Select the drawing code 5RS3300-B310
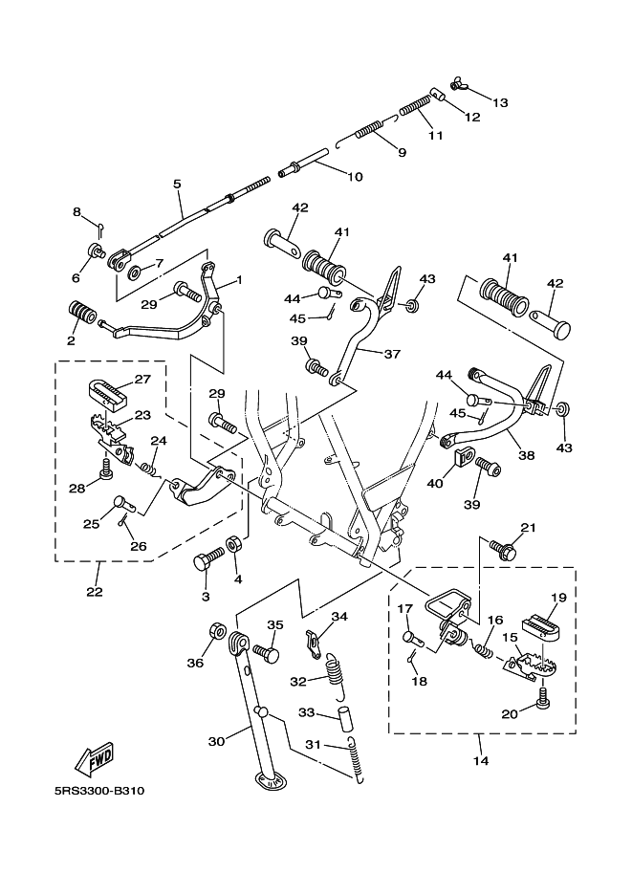tap(99, 792)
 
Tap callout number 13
tap(502, 102)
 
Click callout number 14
tap(480, 761)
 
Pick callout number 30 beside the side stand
tap(217, 740)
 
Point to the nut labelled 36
tap(218, 632)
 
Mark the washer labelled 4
tap(233, 549)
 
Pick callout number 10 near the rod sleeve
tap(328, 176)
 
